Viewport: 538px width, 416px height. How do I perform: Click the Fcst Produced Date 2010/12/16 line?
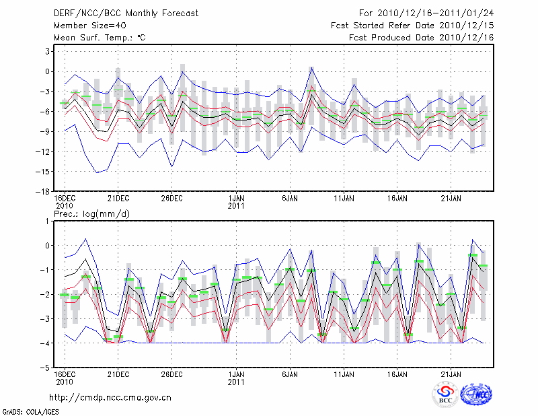tap(422, 37)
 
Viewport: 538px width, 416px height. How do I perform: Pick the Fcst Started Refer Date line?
tap(412, 25)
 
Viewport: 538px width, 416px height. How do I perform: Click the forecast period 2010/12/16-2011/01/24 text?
tap(426, 13)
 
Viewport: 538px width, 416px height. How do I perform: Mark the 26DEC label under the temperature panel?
tap(172, 199)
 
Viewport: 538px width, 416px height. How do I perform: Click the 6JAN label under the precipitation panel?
tap(290, 374)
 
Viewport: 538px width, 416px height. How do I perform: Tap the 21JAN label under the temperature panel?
tap(451, 199)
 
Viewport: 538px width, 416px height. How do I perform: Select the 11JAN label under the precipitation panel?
tap(344, 374)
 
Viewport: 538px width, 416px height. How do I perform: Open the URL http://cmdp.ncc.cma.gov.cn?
tap(110, 397)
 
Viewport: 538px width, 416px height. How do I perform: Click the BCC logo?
tap(445, 394)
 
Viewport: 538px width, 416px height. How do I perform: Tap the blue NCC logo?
tap(476, 394)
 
